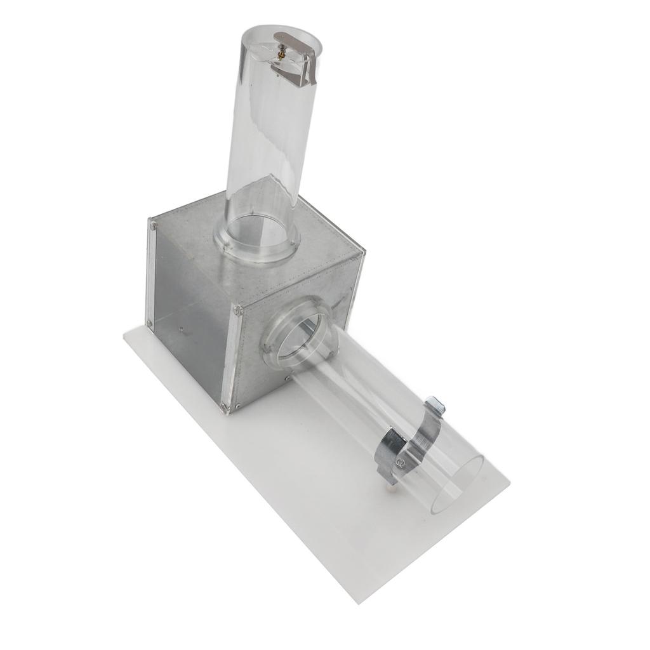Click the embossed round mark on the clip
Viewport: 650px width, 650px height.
[401, 463]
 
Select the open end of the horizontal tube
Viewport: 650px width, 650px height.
[457, 486]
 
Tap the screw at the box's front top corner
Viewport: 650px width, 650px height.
[238, 310]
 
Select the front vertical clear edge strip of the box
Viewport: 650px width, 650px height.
[232, 359]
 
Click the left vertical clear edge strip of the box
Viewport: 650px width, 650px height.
[152, 273]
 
